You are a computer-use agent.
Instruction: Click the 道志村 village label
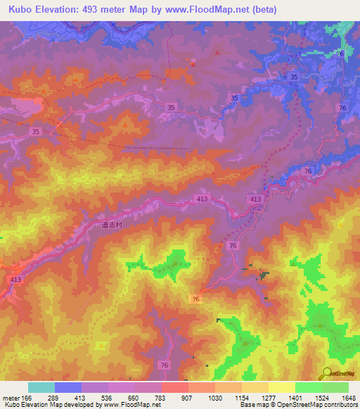111,226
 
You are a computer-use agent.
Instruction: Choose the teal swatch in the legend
41,387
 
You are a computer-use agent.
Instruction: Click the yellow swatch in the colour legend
281,387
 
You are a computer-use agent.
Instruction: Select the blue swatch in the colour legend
67,387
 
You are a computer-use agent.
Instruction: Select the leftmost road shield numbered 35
36,131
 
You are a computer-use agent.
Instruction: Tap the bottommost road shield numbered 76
164,365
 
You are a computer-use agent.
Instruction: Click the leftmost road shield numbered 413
15,280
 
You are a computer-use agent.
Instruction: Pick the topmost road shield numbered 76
340,54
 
